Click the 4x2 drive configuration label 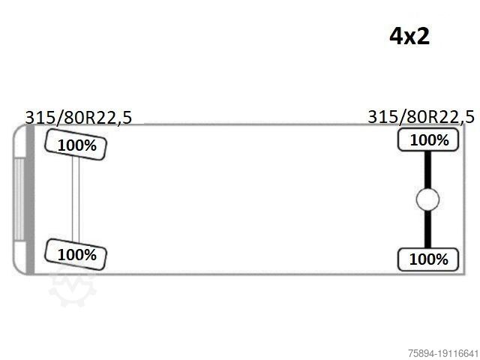tap(409, 36)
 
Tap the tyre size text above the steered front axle tap(78, 117)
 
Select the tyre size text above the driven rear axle tap(421, 117)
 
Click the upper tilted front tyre tap(76, 145)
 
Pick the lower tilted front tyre tap(76, 255)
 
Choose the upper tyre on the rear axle tap(428, 140)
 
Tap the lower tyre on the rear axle tap(428, 259)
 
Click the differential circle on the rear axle tap(427, 199)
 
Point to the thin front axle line tap(76, 199)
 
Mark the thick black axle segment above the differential tap(427, 169)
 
